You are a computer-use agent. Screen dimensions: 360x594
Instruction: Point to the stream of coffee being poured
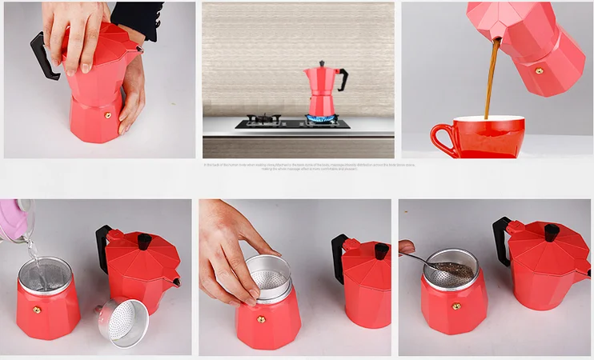pos(490,80)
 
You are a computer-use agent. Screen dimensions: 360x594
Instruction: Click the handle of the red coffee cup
pos(439,138)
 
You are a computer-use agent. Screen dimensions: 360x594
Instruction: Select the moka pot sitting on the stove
pos(323,90)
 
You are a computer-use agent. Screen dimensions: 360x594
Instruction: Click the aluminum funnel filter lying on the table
pos(123,322)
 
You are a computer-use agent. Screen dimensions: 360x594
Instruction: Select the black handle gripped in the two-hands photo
pos(45,56)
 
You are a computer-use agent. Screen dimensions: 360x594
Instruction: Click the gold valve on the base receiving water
pos(35,308)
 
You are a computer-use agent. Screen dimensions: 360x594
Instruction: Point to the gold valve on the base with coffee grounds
pos(456,306)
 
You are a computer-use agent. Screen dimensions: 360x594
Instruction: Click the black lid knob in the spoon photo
pos(552,232)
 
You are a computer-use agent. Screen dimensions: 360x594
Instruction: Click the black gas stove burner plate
pos(293,124)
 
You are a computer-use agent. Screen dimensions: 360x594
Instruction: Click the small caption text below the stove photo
pos(307,166)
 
